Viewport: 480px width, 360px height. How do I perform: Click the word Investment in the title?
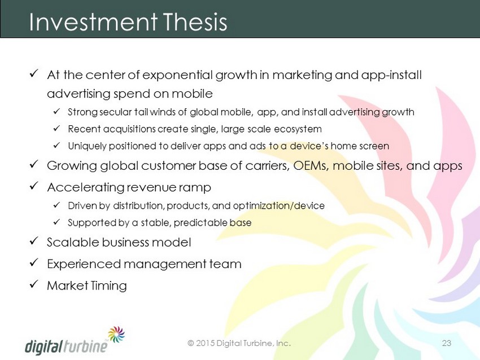click(93, 22)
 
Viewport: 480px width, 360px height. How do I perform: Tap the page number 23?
click(447, 343)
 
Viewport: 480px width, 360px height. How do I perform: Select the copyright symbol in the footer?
click(191, 343)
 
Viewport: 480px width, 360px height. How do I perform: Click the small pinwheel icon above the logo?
click(116, 334)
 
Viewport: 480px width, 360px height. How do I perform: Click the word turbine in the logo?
click(86, 346)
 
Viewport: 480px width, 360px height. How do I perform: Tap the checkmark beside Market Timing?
click(34, 284)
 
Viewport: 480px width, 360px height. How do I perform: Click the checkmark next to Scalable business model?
click(34, 241)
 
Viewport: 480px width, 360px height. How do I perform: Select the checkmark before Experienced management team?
click(34, 262)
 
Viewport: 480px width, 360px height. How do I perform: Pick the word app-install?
click(391, 76)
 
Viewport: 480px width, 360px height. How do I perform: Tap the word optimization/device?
click(278, 206)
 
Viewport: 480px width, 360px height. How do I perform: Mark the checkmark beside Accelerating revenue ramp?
click(34, 186)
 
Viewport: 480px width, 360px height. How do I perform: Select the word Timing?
click(108, 286)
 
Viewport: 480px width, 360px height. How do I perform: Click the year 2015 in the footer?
click(205, 343)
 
